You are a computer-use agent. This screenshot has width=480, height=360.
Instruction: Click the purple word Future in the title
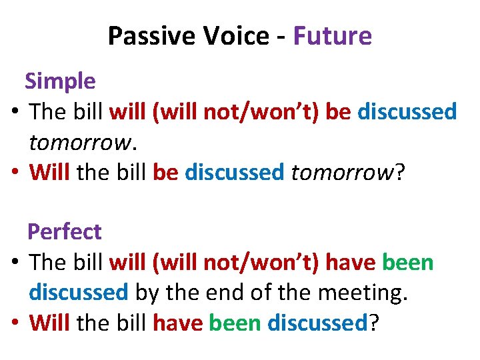click(332, 36)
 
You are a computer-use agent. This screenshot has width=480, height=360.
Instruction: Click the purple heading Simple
click(60, 81)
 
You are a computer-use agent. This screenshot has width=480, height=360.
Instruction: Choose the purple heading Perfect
click(64, 232)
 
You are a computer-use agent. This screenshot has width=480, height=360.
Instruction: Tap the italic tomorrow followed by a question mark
click(343, 173)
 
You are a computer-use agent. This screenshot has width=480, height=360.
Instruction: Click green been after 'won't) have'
click(407, 263)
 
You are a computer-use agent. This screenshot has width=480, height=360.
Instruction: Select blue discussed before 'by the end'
click(78, 293)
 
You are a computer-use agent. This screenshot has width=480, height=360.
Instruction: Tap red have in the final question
click(178, 323)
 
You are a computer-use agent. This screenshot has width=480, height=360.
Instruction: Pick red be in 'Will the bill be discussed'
click(166, 173)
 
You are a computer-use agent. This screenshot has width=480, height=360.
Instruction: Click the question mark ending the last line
click(374, 323)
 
